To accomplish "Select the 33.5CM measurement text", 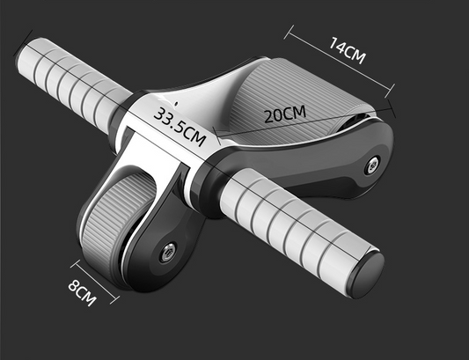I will pyautogui.click(x=180, y=124).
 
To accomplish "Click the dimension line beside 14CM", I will pyautogui.click(x=339, y=62).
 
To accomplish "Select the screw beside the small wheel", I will pyautogui.click(x=165, y=252).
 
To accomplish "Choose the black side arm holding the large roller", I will pyautogui.click(x=348, y=158).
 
